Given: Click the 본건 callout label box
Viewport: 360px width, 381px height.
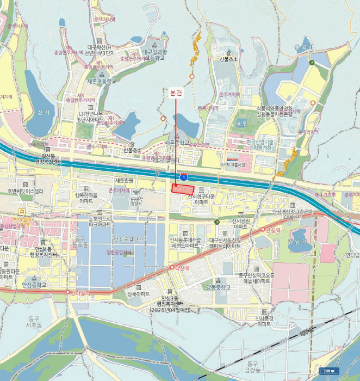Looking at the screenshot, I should tap(176, 93).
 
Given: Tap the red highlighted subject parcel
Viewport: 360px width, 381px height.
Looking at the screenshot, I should tap(182, 188).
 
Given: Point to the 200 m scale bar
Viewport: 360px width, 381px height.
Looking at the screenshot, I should tap(328, 371).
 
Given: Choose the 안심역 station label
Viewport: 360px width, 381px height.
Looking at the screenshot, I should tap(272, 230).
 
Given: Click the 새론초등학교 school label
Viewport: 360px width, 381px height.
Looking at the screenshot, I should tap(102, 81).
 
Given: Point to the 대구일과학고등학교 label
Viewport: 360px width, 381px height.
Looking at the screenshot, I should tap(153, 54).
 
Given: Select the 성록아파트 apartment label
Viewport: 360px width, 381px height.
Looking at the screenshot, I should tap(139, 293).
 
